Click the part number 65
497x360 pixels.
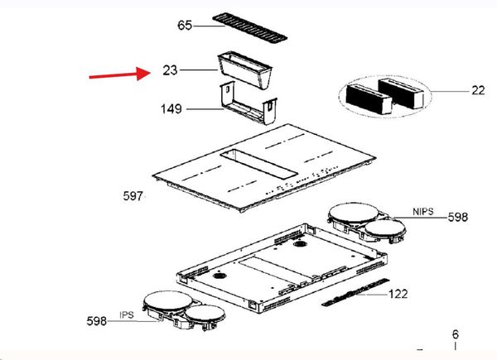click(x=185, y=26)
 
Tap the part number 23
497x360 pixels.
click(x=170, y=70)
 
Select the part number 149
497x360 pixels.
click(x=171, y=109)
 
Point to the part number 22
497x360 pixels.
click(x=478, y=90)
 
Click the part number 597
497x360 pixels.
click(x=133, y=196)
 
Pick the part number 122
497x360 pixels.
click(x=398, y=294)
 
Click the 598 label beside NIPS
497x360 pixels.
click(x=458, y=217)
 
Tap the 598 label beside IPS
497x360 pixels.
click(x=97, y=321)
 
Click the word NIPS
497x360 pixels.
click(x=422, y=211)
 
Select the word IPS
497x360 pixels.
click(x=127, y=315)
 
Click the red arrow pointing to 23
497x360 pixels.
click(x=120, y=74)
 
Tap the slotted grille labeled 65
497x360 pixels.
click(x=250, y=28)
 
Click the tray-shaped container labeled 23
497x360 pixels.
click(x=244, y=70)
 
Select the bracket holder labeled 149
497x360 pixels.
click(x=248, y=103)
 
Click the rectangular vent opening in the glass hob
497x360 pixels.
click(x=259, y=163)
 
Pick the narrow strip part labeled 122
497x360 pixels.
click(x=355, y=293)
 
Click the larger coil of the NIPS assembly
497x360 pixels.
click(x=353, y=214)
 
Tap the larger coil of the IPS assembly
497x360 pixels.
click(x=167, y=300)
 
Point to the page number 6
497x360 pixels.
click(x=455, y=334)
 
